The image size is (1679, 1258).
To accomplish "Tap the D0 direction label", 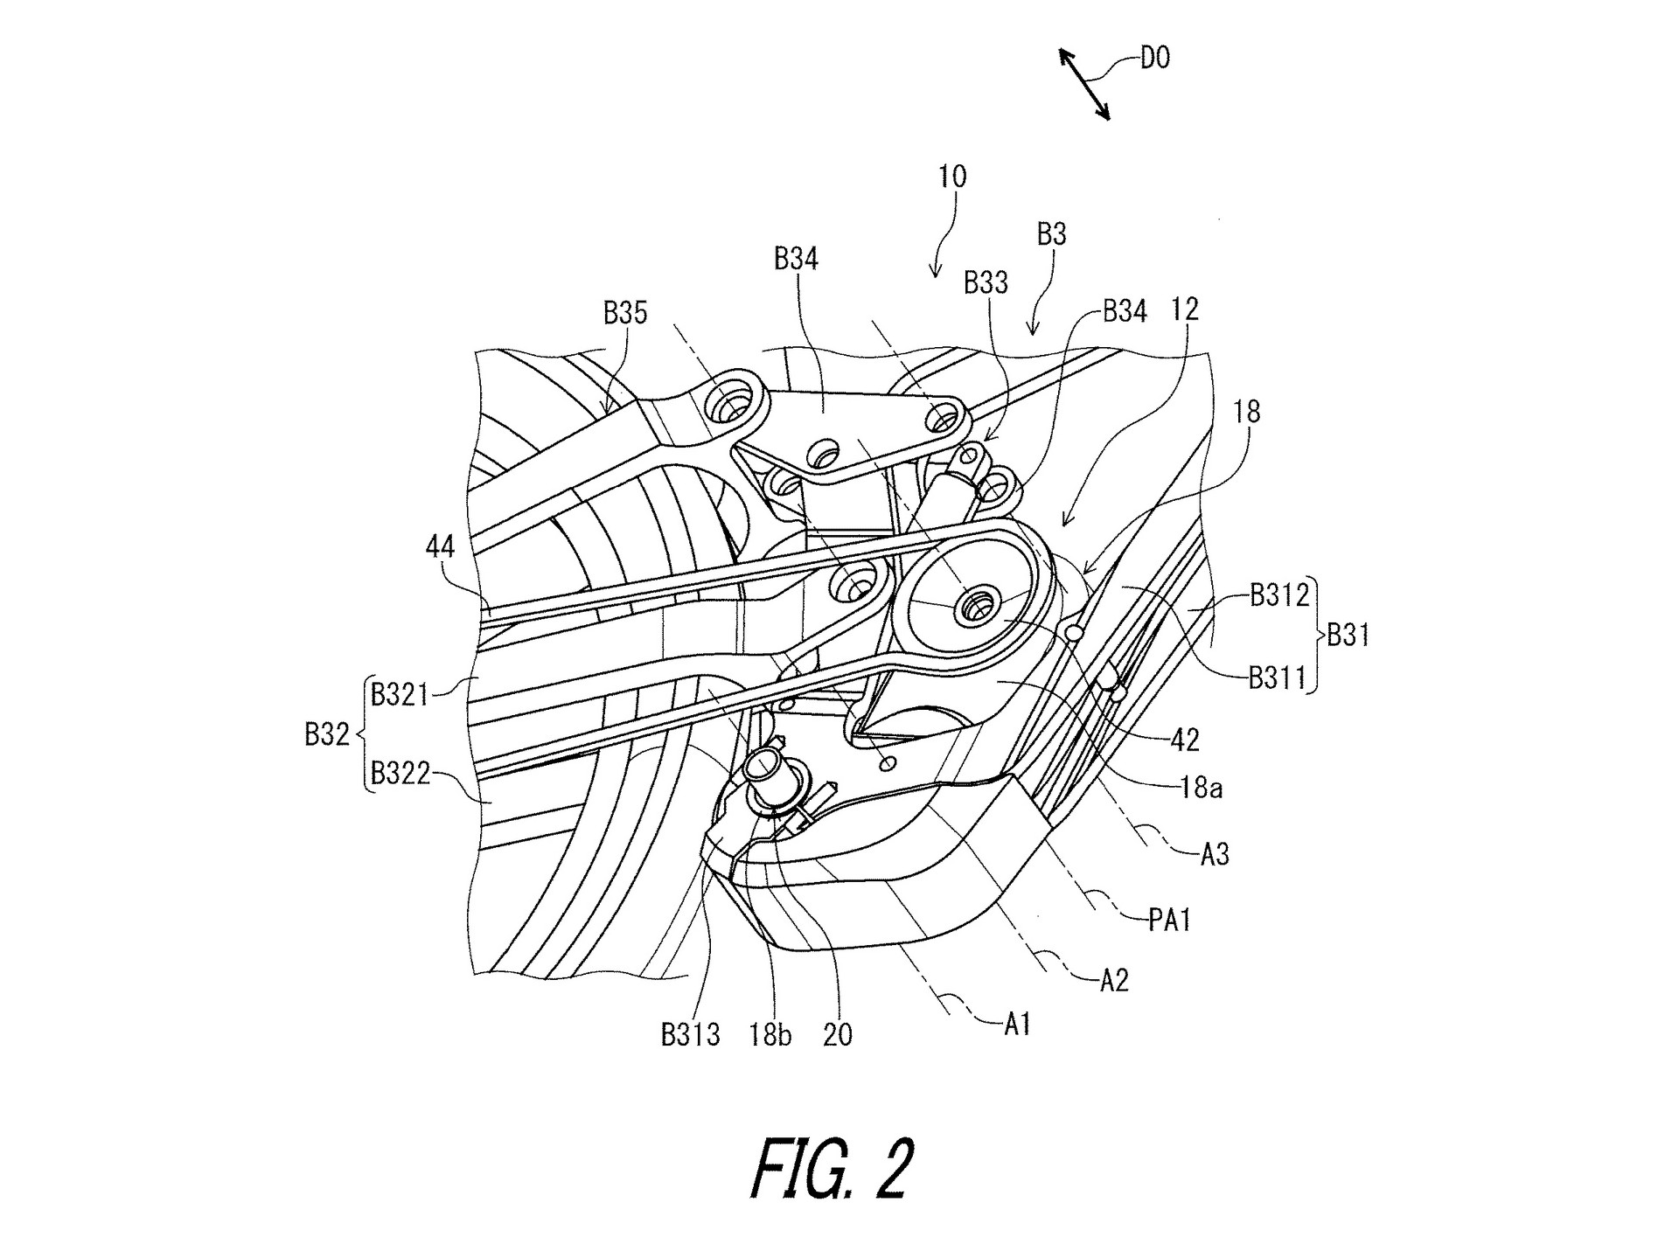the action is (x=1154, y=59).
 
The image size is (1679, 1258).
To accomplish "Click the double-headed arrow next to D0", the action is (x=1084, y=84).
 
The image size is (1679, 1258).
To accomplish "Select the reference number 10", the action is (x=952, y=177).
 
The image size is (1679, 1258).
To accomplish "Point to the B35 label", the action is (x=625, y=313).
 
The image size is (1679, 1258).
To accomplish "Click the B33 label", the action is (x=986, y=282).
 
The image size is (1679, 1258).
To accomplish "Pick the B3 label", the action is (x=1051, y=234).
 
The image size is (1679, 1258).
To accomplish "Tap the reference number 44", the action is (x=440, y=547).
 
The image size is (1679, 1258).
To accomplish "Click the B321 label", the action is (x=400, y=695).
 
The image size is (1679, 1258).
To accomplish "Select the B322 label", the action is (x=401, y=773).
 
